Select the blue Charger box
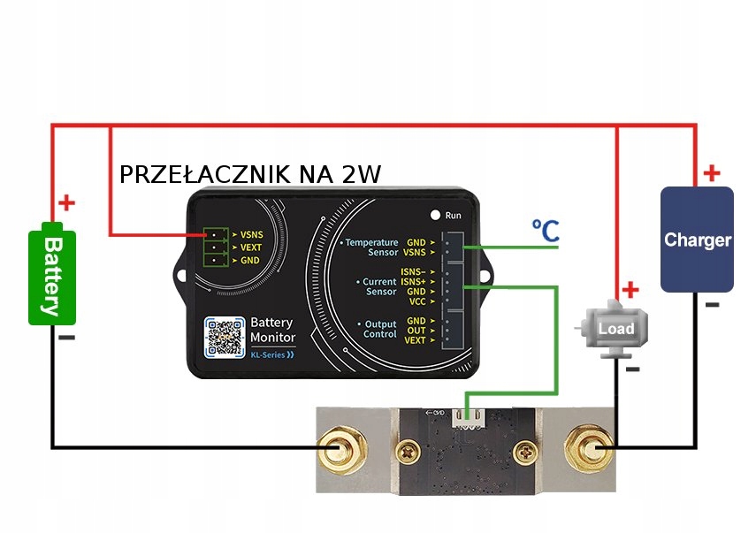pos(697,240)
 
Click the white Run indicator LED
pos(435,215)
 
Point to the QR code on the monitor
pos(225,336)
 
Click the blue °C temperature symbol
pos(545,232)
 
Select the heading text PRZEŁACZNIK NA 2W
pos(250,174)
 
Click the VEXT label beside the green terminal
pos(251,248)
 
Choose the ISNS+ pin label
pos(413,281)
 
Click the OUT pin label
pos(416,331)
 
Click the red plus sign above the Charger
pos(711,173)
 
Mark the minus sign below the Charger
pos(712,305)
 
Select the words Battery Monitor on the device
pos(272,330)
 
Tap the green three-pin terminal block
pos(215,248)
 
